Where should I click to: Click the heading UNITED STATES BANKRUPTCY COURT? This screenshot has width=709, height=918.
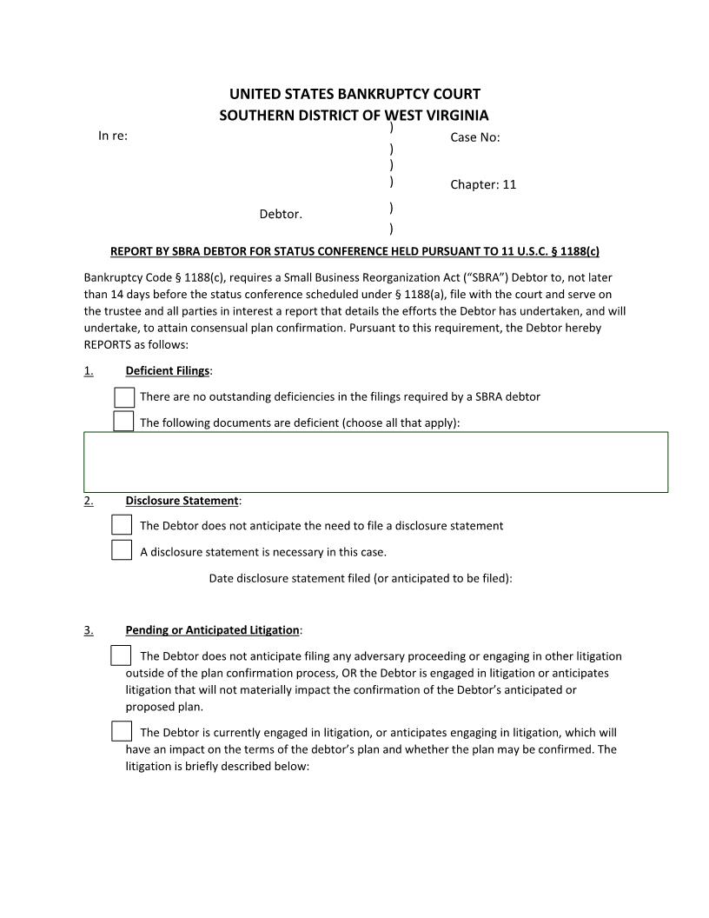click(x=354, y=94)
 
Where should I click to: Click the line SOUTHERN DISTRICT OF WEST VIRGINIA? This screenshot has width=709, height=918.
click(x=354, y=115)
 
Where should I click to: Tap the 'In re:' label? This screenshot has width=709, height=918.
click(x=113, y=136)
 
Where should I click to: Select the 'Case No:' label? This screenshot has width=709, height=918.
click(x=474, y=137)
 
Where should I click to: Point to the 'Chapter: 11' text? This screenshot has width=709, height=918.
click(x=483, y=184)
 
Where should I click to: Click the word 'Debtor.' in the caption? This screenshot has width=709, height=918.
click(x=281, y=214)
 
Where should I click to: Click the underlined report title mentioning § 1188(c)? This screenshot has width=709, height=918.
click(x=354, y=251)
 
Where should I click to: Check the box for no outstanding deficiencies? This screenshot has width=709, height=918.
click(x=124, y=397)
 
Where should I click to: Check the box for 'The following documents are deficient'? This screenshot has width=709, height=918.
click(x=124, y=422)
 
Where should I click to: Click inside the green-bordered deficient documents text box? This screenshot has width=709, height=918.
click(x=375, y=462)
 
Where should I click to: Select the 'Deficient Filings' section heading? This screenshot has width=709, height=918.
click(x=168, y=371)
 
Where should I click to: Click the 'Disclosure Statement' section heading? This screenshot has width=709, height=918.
click(x=182, y=501)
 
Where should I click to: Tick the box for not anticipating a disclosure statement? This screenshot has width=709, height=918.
click(x=123, y=525)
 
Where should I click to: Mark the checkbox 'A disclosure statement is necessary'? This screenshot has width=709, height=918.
click(x=123, y=550)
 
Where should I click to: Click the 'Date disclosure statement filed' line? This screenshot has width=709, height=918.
click(x=361, y=577)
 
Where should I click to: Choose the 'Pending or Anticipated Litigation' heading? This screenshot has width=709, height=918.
click(x=212, y=629)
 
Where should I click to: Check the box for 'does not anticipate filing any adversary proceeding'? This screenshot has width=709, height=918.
click(x=123, y=655)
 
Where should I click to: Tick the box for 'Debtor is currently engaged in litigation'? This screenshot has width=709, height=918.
click(x=123, y=732)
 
